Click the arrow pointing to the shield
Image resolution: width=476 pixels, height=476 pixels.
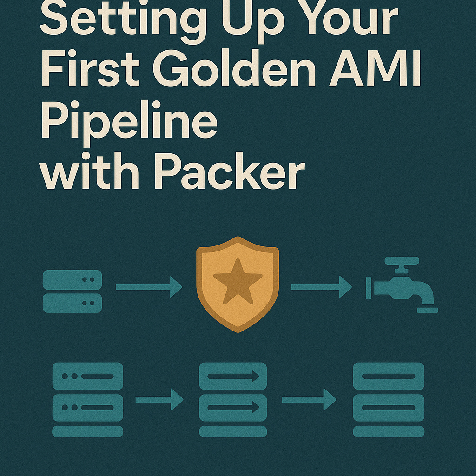coord(149,287)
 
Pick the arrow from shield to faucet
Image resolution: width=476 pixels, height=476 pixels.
coord(321,287)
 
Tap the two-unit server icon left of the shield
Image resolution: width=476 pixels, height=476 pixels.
coord(72,291)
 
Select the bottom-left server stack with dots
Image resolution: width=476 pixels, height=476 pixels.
coord(87,400)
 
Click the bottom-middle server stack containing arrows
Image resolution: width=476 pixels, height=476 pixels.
coord(233,400)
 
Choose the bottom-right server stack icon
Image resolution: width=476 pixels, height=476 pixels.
coord(389,400)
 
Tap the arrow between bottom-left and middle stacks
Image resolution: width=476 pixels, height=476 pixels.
coord(159,399)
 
